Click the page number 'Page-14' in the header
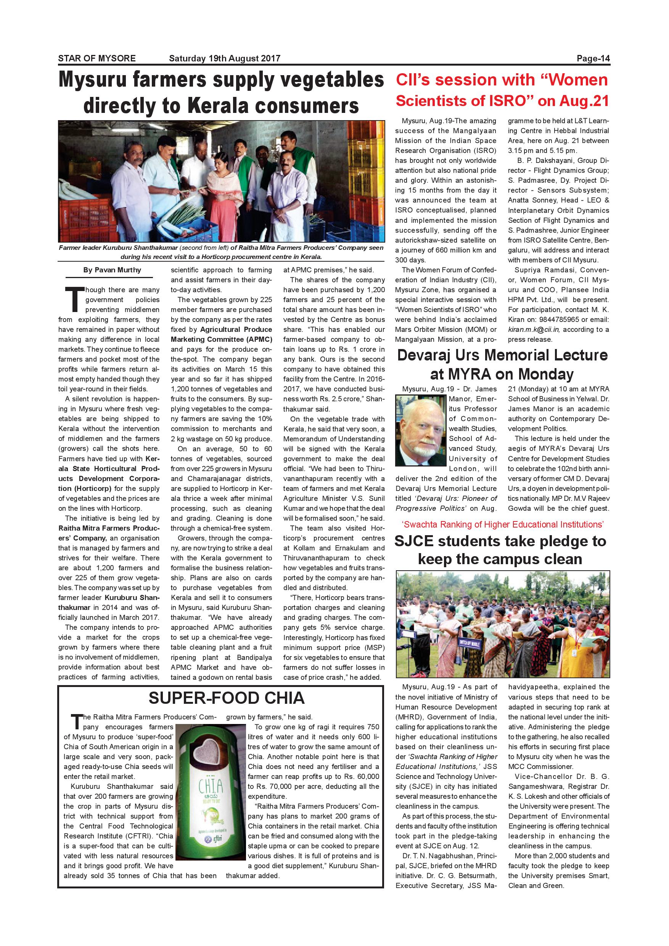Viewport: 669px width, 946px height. click(x=593, y=58)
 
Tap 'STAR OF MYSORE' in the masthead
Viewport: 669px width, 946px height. click(x=97, y=58)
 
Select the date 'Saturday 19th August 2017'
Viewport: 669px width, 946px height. click(x=225, y=58)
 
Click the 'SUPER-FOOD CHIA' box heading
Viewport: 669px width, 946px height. click(x=226, y=698)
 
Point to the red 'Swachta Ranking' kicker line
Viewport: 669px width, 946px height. click(x=503, y=524)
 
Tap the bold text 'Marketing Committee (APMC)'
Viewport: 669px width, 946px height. click(x=221, y=339)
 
